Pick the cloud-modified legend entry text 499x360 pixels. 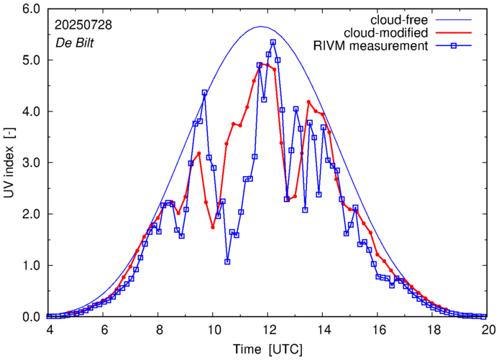click(387, 33)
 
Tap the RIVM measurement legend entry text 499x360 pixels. click(370, 47)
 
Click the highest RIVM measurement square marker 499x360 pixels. click(273, 42)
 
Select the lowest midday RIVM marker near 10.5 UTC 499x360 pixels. click(227, 262)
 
